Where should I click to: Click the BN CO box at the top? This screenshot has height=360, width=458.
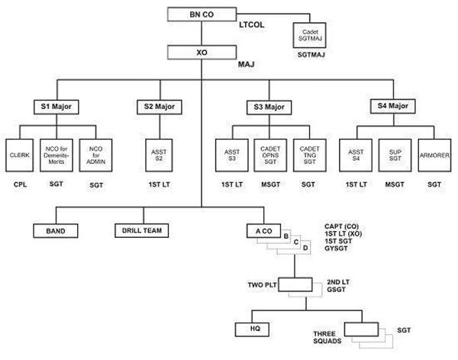(x=201, y=14)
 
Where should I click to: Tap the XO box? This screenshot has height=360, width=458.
(x=202, y=53)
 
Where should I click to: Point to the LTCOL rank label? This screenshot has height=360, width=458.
(x=251, y=24)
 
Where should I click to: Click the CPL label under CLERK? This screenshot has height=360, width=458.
(x=20, y=185)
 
